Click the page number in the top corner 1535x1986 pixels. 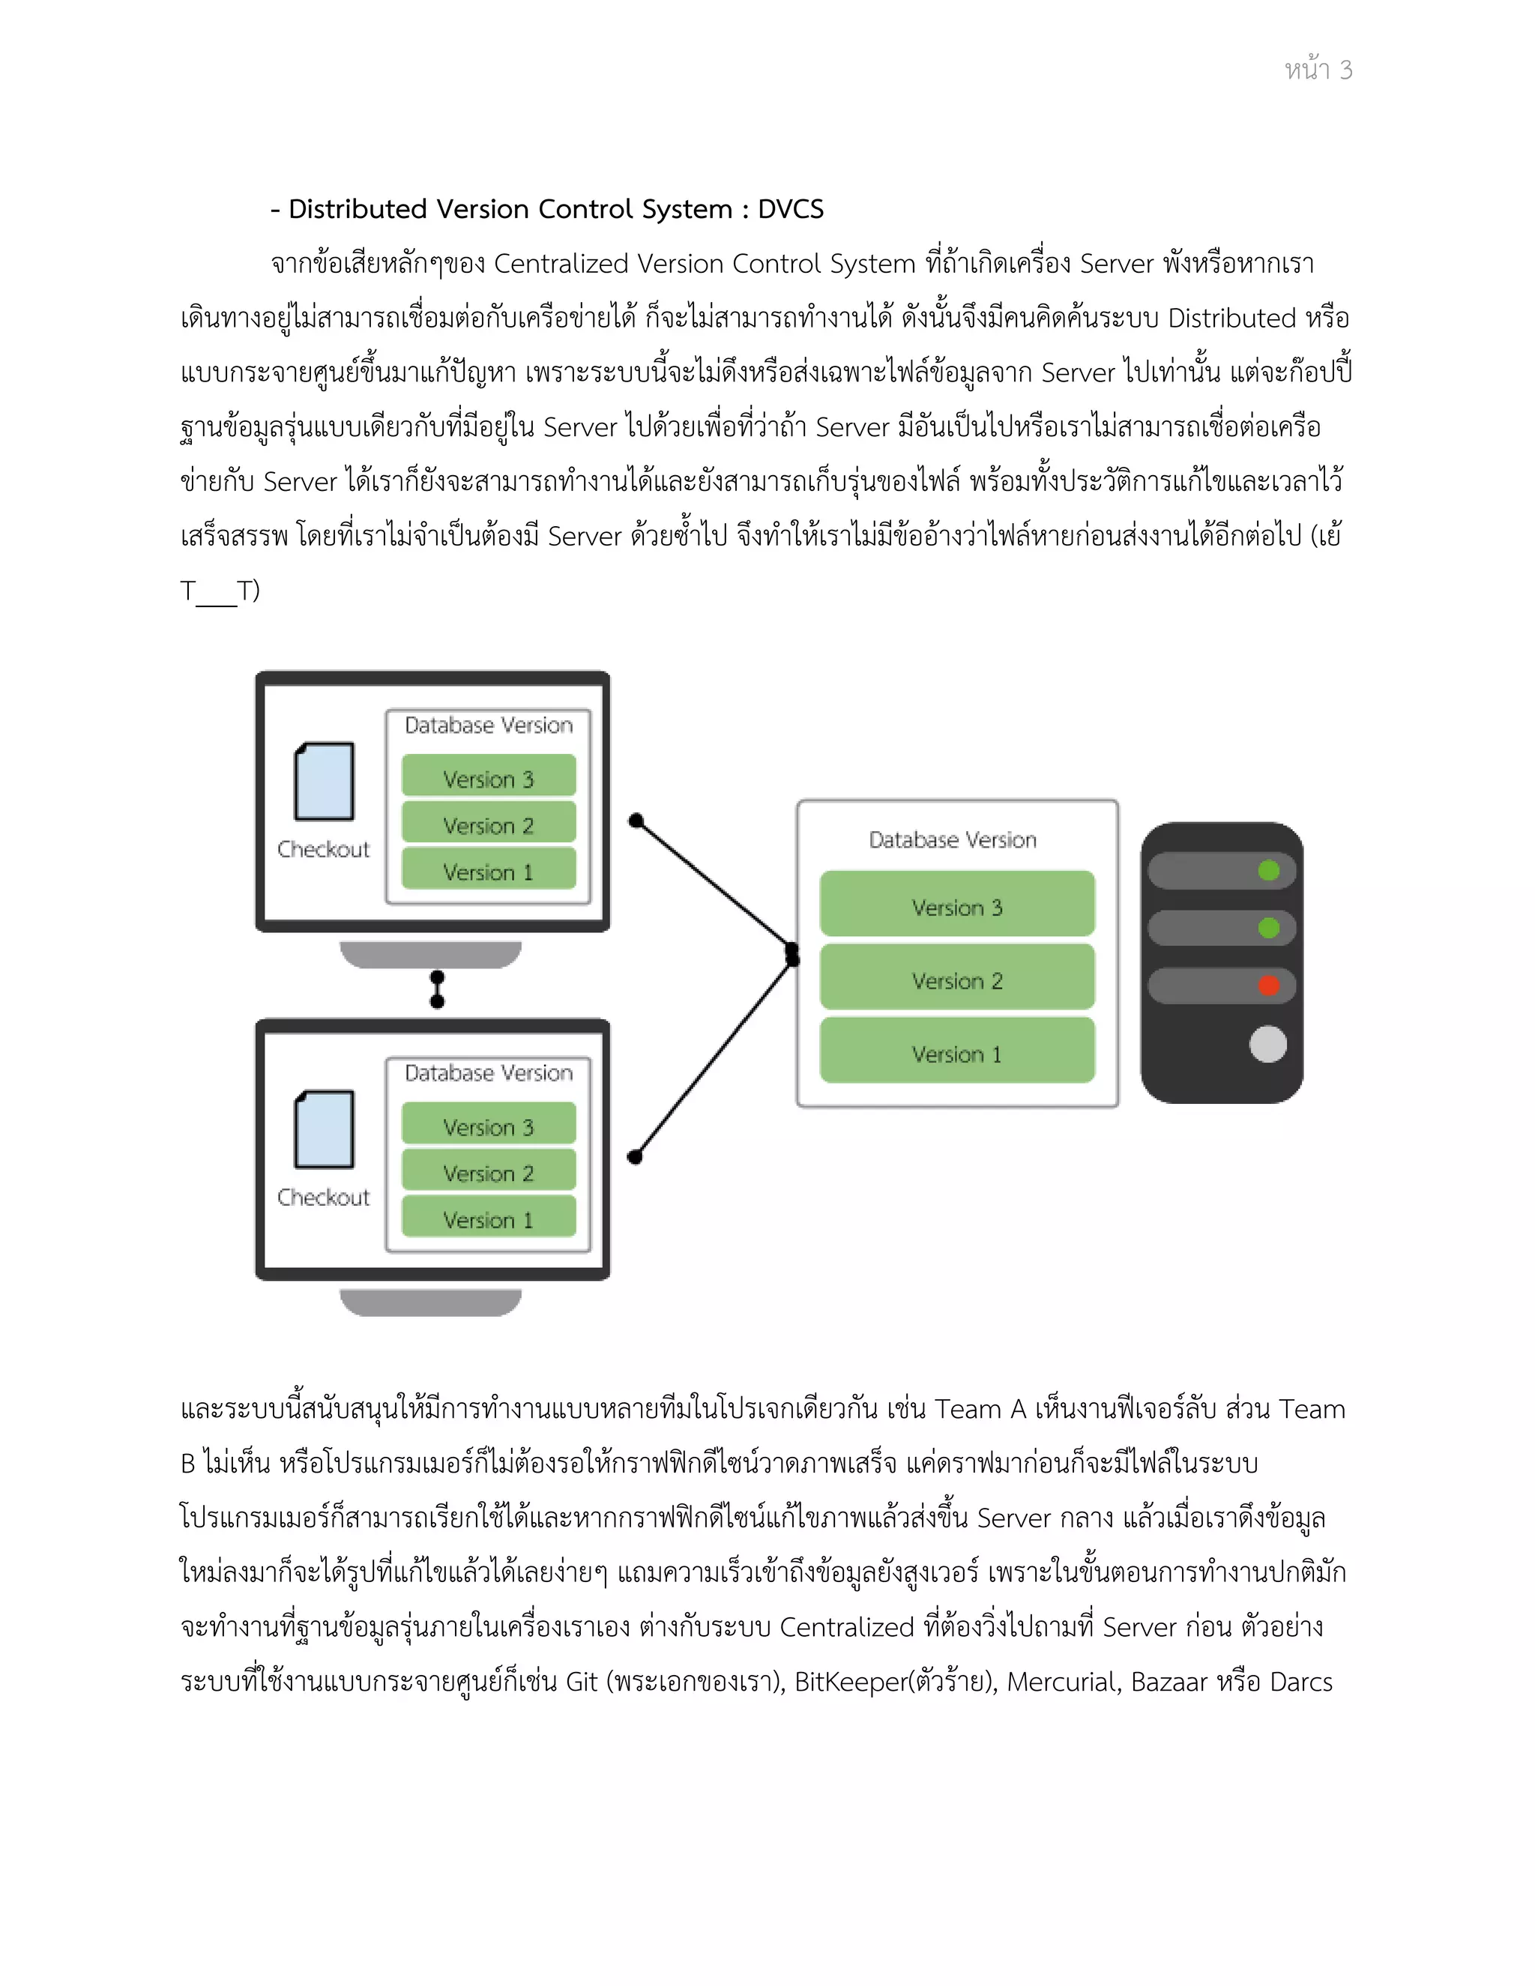click(1318, 70)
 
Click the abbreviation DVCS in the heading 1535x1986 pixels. click(790, 209)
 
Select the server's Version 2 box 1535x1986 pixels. click(956, 979)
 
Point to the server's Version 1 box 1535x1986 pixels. click(956, 1052)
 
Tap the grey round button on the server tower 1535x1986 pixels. click(1267, 1044)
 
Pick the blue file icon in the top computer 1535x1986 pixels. click(325, 781)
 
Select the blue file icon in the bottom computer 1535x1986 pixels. click(325, 1129)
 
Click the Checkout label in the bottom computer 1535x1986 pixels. click(324, 1197)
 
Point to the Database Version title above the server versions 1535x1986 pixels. click(952, 839)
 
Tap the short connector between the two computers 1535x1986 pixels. click(438, 989)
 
